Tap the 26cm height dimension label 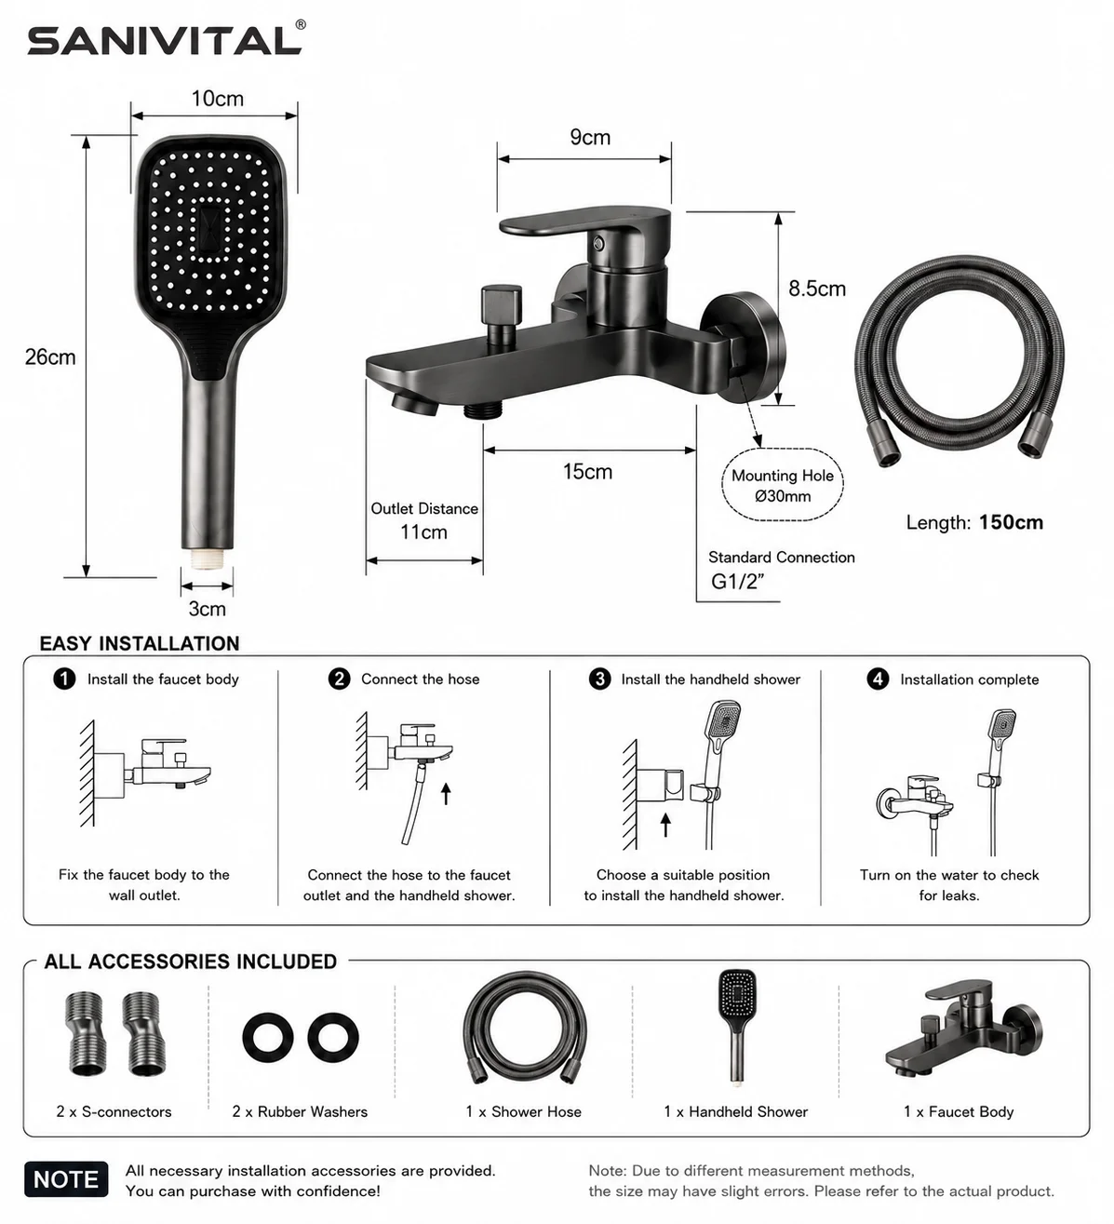coord(50,356)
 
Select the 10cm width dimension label coord(217,99)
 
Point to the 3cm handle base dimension coord(207,609)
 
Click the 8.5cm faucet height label coord(817,288)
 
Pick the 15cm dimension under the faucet coord(587,472)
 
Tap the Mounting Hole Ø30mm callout coord(783,485)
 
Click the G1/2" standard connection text coord(738,582)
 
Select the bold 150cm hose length coord(1011,522)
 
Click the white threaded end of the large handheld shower coord(208,558)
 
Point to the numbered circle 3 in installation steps coord(599,679)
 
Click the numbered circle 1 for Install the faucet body coord(64,679)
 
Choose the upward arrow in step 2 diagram coord(446,794)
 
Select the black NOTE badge coord(66,1179)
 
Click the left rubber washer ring coord(267,1037)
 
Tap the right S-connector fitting coord(144,1033)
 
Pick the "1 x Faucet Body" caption coord(959,1111)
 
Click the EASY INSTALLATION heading coord(140,643)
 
